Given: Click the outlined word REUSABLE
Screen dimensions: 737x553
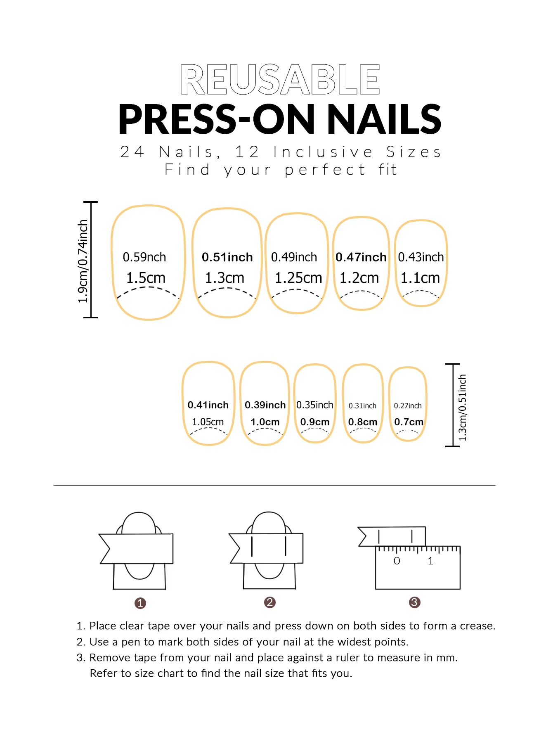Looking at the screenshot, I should (280, 79).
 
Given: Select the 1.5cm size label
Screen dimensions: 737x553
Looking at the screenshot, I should (146, 278).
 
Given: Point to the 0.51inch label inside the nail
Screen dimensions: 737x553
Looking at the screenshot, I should (227, 257).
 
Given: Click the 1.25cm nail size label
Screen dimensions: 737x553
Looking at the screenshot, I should (298, 278).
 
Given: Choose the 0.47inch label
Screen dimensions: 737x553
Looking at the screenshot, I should (361, 257).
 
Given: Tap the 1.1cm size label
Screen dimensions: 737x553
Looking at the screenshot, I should (420, 278).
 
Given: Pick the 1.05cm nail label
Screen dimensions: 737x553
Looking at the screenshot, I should (208, 422).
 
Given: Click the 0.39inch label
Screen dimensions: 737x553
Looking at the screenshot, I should (265, 405).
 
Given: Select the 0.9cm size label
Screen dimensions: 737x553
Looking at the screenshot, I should (315, 422).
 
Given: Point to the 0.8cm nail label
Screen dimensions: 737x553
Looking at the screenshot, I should (363, 422).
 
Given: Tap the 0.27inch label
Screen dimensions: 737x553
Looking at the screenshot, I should (408, 406).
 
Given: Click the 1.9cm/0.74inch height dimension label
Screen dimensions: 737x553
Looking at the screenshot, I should (83, 261).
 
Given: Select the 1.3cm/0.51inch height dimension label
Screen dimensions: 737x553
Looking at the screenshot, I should (463, 407).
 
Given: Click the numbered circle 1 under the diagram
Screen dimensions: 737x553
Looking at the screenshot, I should (140, 603).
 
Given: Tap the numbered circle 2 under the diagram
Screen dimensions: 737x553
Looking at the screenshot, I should (269, 602).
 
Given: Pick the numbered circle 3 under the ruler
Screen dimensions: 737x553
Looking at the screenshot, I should (414, 602).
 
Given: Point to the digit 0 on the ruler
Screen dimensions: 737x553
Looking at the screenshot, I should (397, 561).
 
